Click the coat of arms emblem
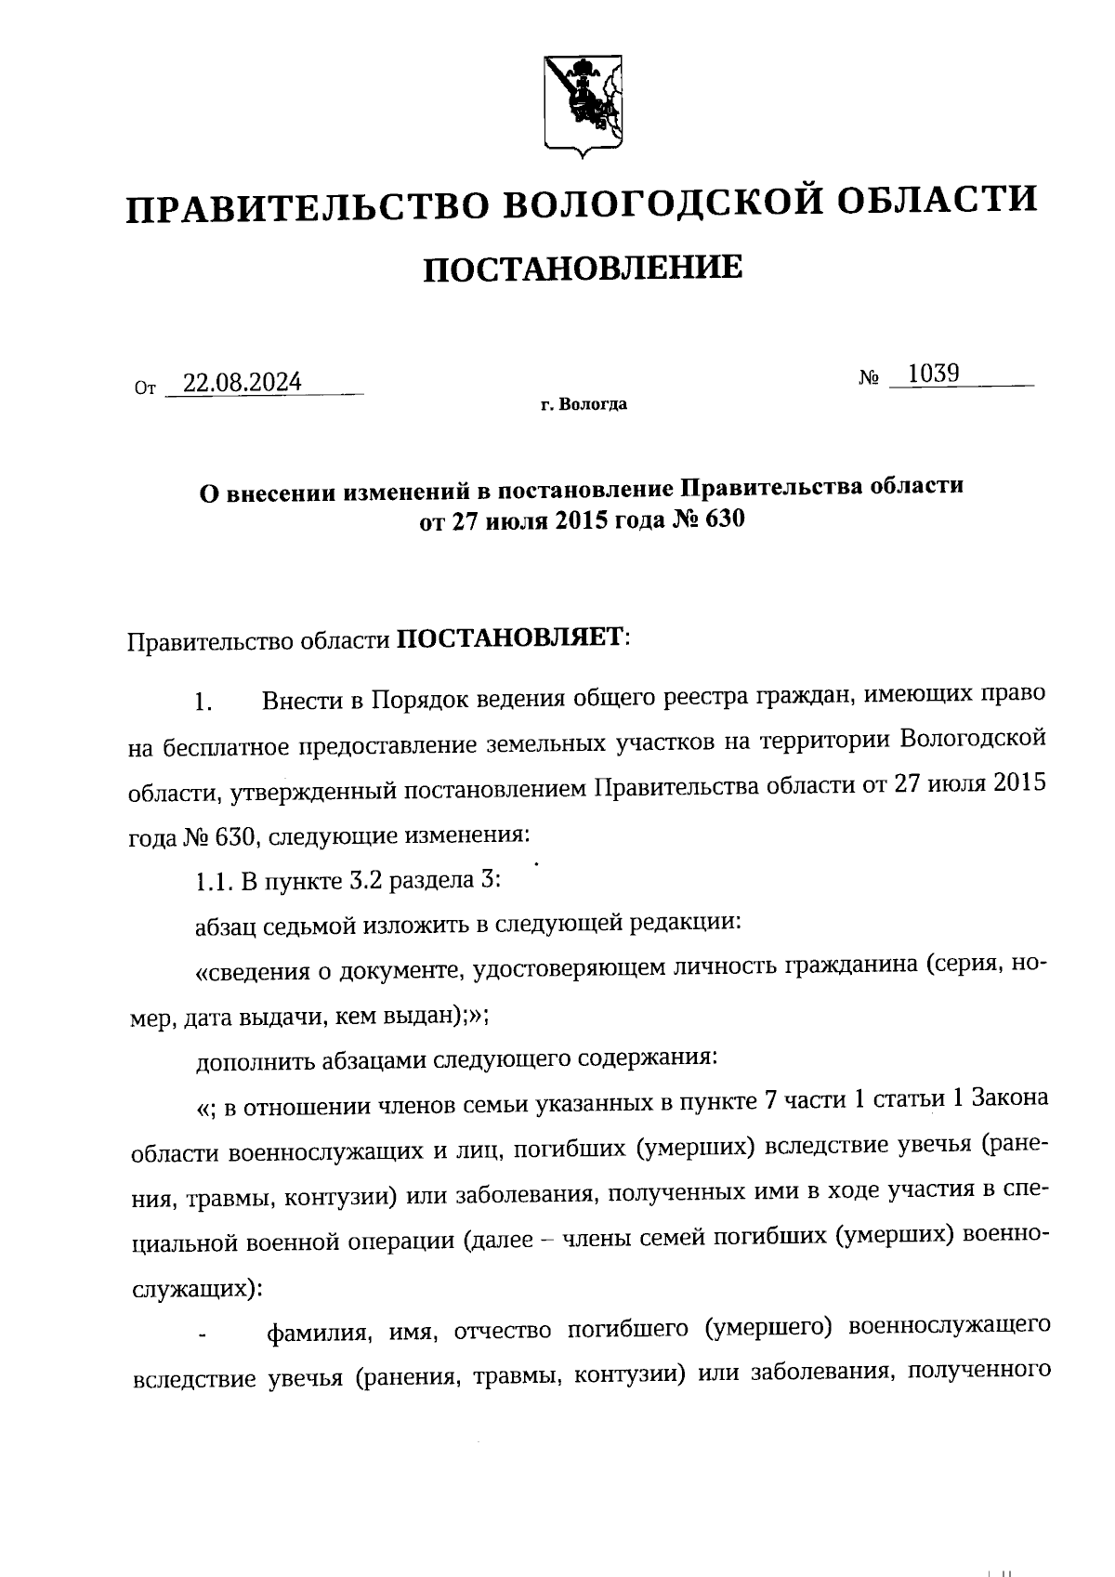point(583,103)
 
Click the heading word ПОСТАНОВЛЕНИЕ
point(583,269)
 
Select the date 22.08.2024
point(242,383)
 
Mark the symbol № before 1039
point(870,378)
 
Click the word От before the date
point(145,388)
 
